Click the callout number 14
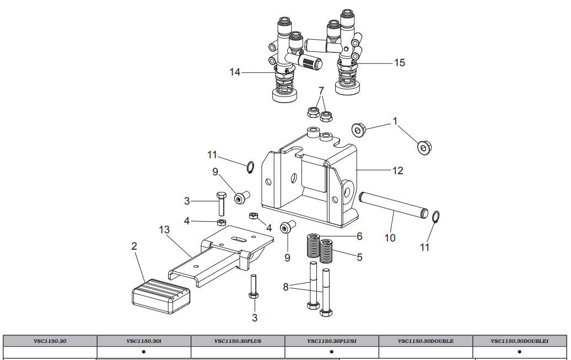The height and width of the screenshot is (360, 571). (x=235, y=72)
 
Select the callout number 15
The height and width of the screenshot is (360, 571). (x=400, y=63)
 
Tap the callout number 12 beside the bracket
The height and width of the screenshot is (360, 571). (x=398, y=170)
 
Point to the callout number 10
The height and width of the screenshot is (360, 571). (x=390, y=238)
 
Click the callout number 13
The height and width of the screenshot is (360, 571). (x=164, y=229)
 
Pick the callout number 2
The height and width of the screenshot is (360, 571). (x=134, y=246)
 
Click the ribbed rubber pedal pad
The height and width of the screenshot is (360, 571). (x=160, y=296)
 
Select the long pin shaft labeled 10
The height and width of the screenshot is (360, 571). (x=394, y=206)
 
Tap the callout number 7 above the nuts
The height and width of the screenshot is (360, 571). (x=321, y=90)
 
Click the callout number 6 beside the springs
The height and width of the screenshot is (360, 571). (x=359, y=237)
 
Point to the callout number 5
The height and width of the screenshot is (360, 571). (x=359, y=257)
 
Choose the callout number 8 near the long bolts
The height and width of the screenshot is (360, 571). (x=286, y=287)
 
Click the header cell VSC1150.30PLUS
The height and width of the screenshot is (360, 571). (x=238, y=341)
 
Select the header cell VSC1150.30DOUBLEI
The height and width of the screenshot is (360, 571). (x=520, y=341)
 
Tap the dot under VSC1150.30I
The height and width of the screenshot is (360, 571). (x=144, y=352)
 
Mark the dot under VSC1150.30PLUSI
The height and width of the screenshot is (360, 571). (x=331, y=352)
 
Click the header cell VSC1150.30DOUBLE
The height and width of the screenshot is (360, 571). (x=425, y=341)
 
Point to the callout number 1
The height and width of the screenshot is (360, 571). (x=395, y=121)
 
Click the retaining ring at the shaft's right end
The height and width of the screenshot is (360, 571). (x=435, y=217)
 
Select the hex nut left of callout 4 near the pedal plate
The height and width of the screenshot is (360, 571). (x=221, y=223)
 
